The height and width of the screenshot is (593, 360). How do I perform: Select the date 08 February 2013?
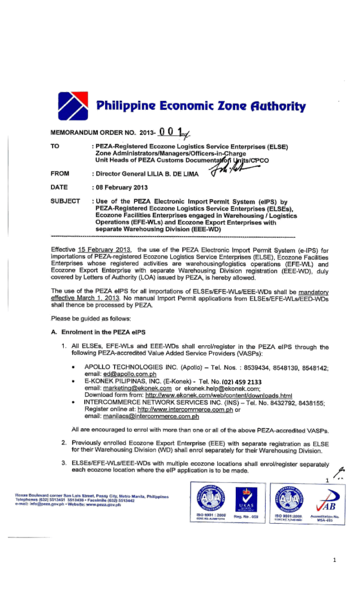point(127,187)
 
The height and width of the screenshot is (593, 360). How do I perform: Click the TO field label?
point(55,145)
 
